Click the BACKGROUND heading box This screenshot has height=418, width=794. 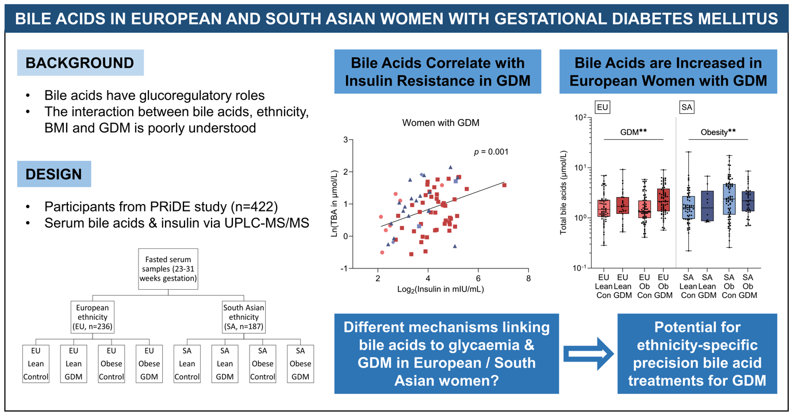[80, 63]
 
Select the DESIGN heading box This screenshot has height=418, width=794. [53, 174]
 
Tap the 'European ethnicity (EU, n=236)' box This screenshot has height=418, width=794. [93, 317]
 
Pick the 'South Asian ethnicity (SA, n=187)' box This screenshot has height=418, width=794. [244, 317]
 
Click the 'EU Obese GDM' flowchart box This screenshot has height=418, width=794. [149, 363]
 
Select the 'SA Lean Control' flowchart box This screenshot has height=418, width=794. [187, 363]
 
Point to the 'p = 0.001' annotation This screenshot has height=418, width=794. [490, 152]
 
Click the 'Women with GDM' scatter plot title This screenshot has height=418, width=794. [440, 122]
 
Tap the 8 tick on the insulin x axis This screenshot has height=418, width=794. [528, 278]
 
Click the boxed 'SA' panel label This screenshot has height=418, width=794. [686, 108]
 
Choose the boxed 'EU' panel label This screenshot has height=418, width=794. [603, 108]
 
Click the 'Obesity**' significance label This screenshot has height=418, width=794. [719, 132]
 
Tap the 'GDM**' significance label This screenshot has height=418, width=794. [634, 132]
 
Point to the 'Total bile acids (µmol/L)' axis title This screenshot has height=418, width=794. [564, 193]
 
